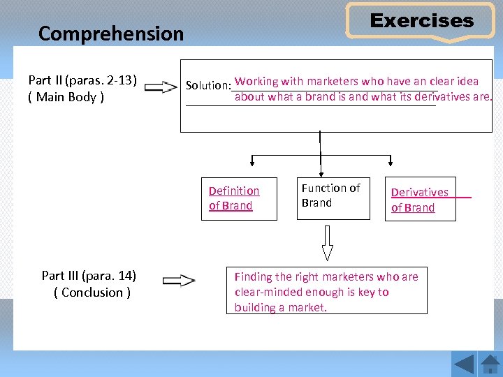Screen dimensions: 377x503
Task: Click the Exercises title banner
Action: (x=421, y=21)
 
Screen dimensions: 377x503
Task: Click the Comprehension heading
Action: (x=111, y=34)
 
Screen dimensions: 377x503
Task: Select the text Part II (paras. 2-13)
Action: (x=82, y=80)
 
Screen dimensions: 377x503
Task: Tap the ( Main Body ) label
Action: (x=66, y=96)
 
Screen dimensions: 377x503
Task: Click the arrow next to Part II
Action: (x=161, y=87)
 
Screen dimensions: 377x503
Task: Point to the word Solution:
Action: (x=208, y=85)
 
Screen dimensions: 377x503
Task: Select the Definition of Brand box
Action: (x=238, y=199)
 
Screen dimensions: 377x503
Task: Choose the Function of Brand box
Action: (x=331, y=198)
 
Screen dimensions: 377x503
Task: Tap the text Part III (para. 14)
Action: (x=89, y=276)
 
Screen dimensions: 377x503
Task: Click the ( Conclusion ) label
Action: (x=92, y=293)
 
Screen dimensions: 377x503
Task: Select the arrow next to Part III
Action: (x=178, y=281)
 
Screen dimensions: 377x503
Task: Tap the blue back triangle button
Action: (x=464, y=363)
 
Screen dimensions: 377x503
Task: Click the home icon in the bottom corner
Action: (x=490, y=363)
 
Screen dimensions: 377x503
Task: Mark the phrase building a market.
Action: (x=281, y=308)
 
